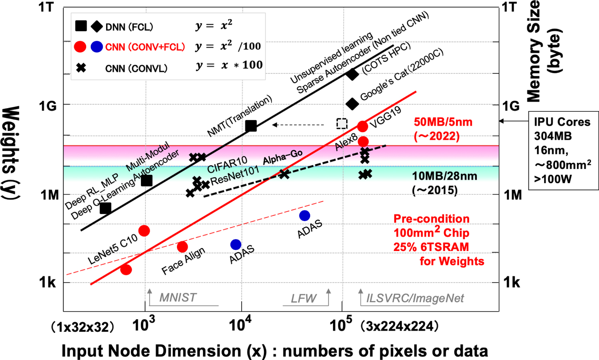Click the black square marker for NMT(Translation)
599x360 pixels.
250,126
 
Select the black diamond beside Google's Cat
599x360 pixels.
352,104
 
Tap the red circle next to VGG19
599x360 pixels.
362,127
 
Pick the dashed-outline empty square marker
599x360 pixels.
342,124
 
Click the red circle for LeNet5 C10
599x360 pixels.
144,231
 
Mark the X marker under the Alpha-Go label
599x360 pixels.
284,174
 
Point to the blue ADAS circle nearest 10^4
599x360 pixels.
236,244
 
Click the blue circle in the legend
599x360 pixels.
97,47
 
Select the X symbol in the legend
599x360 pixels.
81,67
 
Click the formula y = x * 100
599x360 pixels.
229,65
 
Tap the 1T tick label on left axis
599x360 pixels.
46,7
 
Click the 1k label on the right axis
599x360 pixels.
512,283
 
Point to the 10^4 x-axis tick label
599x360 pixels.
240,325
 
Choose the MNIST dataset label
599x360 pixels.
178,298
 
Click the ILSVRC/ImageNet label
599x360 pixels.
415,298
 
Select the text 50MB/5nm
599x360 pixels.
443,122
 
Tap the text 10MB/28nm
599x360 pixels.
444,176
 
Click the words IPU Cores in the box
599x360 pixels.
562,122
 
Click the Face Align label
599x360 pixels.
183,261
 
